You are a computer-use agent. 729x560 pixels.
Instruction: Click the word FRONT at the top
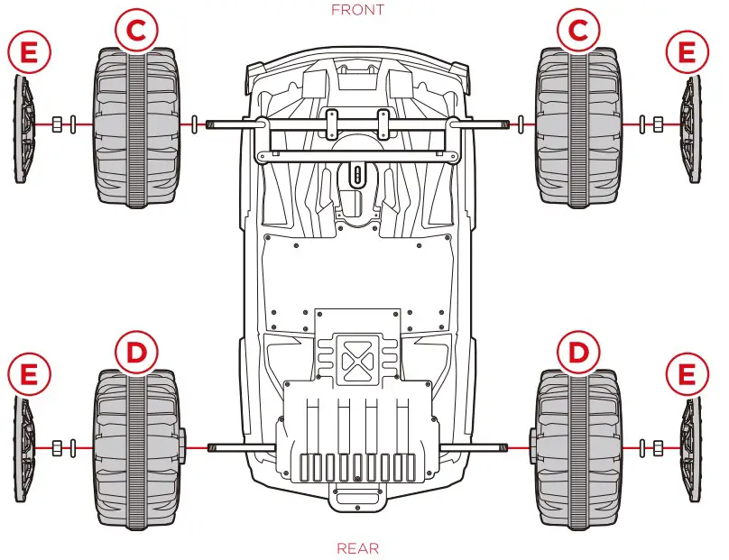coord(357,10)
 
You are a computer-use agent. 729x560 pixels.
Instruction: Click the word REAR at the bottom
coord(357,547)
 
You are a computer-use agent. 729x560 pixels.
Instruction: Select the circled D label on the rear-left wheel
coord(134,353)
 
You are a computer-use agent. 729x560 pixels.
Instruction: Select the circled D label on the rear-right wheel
coord(577,353)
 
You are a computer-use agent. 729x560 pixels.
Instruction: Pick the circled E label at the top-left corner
coord(29,53)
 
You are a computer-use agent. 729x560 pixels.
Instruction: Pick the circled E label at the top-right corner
coord(687,53)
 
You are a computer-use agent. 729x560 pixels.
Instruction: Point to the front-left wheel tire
coord(134,126)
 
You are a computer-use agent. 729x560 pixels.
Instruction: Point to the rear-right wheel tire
coord(577,448)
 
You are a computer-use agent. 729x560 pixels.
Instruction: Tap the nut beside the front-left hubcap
coord(56,124)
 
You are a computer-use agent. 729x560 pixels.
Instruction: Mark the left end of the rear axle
coord(212,446)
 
